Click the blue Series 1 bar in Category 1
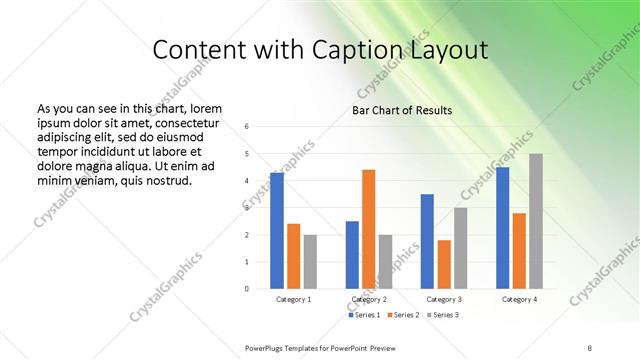coord(277,230)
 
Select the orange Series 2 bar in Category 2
coord(368,229)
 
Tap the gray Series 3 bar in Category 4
coord(536,221)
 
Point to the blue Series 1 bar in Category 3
coord(427,241)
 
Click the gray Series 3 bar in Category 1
coord(310,261)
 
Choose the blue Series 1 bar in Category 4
coord(502,228)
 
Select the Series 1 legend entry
coord(365,316)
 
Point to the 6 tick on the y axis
coord(260,127)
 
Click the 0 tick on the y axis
coord(260,289)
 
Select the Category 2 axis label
coord(369,299)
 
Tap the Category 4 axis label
coord(519,299)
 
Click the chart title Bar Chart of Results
coord(402,110)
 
